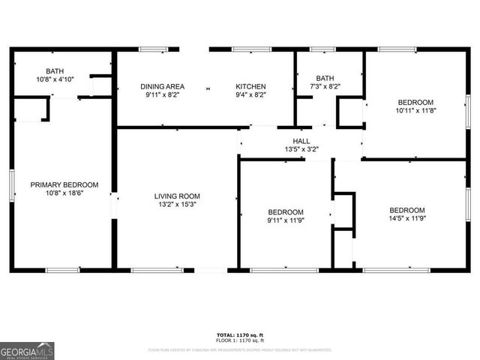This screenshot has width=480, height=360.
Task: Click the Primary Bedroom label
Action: point(64,184)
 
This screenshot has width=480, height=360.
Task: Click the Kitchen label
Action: point(250,86)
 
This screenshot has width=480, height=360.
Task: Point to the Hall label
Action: point(301,140)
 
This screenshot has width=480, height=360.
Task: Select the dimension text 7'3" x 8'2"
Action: point(325,86)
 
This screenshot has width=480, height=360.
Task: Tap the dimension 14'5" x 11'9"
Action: point(406,219)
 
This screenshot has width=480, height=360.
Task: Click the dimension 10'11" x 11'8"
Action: point(415,110)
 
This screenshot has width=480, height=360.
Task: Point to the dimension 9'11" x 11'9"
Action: point(286,220)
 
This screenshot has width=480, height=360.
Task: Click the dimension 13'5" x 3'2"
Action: point(301,148)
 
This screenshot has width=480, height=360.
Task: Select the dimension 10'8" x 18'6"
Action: point(64,193)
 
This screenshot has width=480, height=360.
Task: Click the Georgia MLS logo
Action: point(27,351)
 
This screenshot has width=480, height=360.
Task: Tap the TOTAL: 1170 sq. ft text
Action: point(239,334)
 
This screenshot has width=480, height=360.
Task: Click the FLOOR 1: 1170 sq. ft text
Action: point(239,341)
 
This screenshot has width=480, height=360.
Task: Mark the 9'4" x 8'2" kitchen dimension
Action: point(250,95)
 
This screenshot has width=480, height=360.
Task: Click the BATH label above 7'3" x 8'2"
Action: point(325,78)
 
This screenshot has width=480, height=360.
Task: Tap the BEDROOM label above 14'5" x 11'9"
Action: point(406,210)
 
